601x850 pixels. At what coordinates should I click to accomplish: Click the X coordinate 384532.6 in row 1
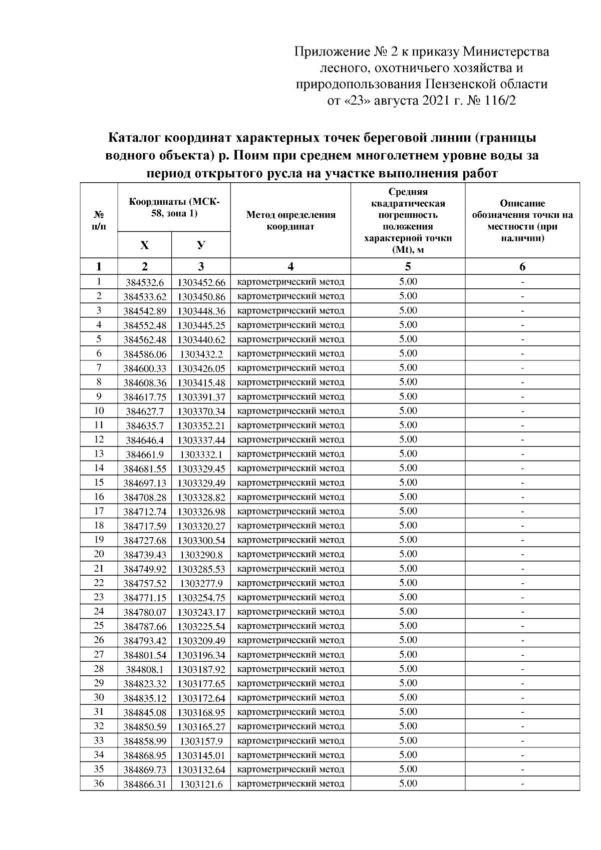coord(144,282)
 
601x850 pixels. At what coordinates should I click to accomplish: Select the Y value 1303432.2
coord(201,354)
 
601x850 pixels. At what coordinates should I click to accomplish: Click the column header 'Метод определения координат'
coord(290,220)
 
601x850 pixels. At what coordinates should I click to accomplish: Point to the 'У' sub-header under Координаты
coord(201,245)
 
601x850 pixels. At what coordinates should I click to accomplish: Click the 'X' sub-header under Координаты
coord(144,245)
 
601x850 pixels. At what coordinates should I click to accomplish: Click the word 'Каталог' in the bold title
coord(135,137)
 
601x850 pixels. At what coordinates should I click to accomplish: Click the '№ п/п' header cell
coord(99,220)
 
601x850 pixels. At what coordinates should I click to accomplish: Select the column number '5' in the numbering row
coord(408,266)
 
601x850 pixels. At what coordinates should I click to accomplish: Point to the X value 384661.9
coord(144,455)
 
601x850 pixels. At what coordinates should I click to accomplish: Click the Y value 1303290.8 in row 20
coord(201,555)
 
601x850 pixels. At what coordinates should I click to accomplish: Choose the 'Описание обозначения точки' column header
coord(522,220)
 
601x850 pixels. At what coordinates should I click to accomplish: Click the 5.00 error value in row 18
coord(408,525)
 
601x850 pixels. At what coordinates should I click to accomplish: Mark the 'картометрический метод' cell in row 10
coord(290,411)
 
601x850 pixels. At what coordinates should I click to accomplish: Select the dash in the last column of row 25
coord(522,626)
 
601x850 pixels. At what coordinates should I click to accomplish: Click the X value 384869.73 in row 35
coord(144,770)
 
